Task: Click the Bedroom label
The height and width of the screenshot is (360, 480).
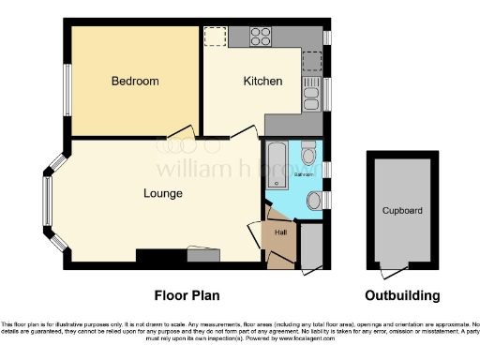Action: tap(135, 82)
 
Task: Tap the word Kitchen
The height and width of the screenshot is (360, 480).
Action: tap(262, 82)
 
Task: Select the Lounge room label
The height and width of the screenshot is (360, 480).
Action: tap(162, 193)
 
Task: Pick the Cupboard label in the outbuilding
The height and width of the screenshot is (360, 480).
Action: tap(401, 211)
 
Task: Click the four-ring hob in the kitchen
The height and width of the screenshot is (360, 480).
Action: tap(261, 37)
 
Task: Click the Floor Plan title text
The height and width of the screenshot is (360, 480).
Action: tap(187, 295)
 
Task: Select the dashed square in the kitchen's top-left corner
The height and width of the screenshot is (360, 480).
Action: tap(215, 37)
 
